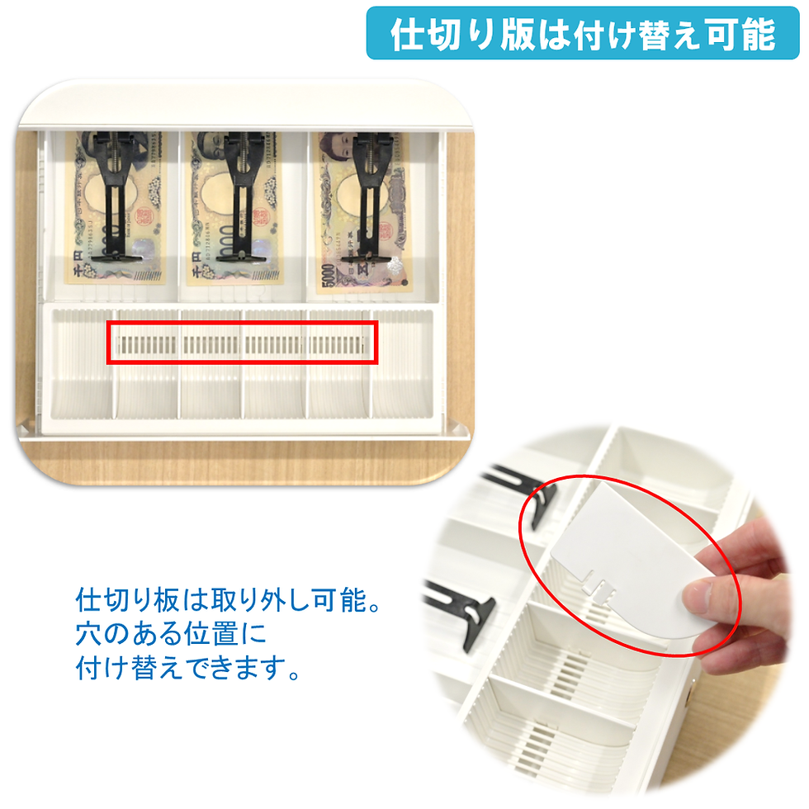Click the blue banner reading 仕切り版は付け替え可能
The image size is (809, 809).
583,33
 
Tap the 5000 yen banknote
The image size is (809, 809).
362,212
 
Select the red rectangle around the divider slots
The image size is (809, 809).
243,343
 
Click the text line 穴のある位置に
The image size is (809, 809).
171,634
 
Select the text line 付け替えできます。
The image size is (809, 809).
188,668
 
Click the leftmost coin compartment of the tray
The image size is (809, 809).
83,364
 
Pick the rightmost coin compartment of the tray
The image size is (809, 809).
402,364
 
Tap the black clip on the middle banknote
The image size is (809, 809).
241,196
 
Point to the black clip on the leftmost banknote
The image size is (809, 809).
116,196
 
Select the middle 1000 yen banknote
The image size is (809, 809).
234,208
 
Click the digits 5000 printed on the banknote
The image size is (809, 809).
328,277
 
